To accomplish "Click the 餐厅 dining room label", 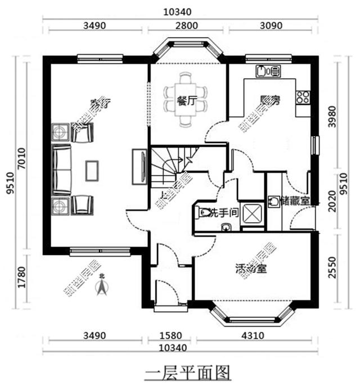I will (x=186, y=101).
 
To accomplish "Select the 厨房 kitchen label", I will (x=270, y=100).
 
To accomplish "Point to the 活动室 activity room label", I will (x=251, y=268).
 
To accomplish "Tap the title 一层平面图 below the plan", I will (x=188, y=373).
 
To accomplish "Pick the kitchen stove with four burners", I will (x=304, y=96).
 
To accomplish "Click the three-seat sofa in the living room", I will (x=62, y=169).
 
